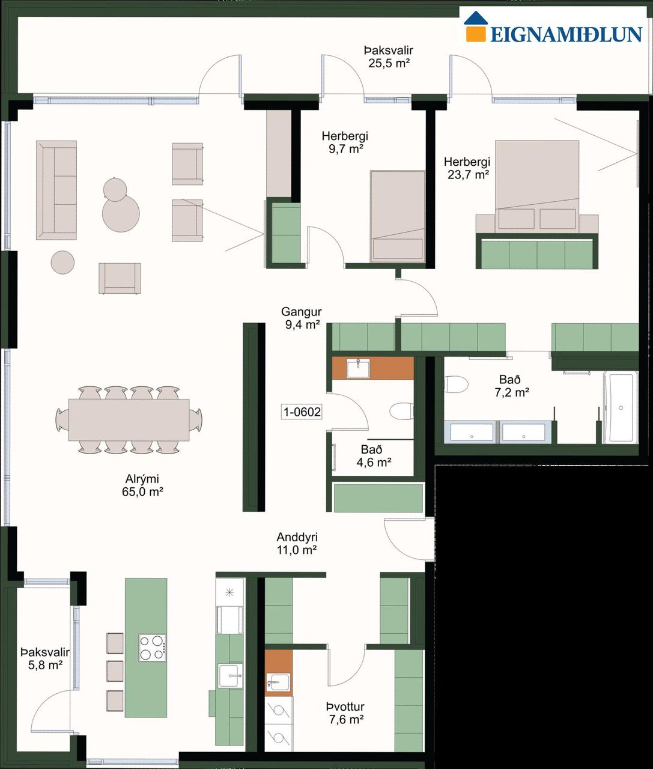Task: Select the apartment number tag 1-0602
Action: pyautogui.click(x=302, y=412)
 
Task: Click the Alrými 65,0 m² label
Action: pyautogui.click(x=142, y=485)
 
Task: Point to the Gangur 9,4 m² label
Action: pyautogui.click(x=302, y=318)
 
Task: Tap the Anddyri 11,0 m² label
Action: pyautogui.click(x=297, y=543)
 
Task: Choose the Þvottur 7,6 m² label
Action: pyautogui.click(x=345, y=713)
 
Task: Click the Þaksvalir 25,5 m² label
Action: pyautogui.click(x=389, y=56)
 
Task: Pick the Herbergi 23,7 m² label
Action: pyautogui.click(x=467, y=168)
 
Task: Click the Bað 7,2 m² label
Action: pyautogui.click(x=512, y=386)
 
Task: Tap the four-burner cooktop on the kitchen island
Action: pyautogui.click(x=153, y=648)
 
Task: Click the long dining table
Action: pyautogui.click(x=129, y=420)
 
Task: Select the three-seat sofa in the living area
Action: pyautogui.click(x=56, y=190)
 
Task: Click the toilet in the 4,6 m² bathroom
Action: pyautogui.click(x=402, y=411)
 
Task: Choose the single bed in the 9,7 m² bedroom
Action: pyautogui.click(x=398, y=216)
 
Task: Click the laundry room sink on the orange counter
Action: pyautogui.click(x=278, y=682)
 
